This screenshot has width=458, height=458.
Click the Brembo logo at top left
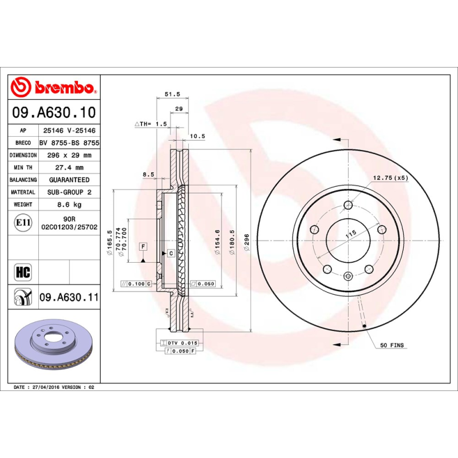(x=53, y=87)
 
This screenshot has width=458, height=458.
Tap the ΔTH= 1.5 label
(x=150, y=124)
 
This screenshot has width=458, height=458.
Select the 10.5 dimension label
(x=197, y=136)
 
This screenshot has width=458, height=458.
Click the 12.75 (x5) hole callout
(x=390, y=178)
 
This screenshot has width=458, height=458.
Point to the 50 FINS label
(x=392, y=345)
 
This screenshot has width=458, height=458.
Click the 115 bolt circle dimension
(x=351, y=232)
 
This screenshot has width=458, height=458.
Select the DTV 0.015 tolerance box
(x=180, y=342)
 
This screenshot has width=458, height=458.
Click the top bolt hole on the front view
(x=348, y=206)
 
